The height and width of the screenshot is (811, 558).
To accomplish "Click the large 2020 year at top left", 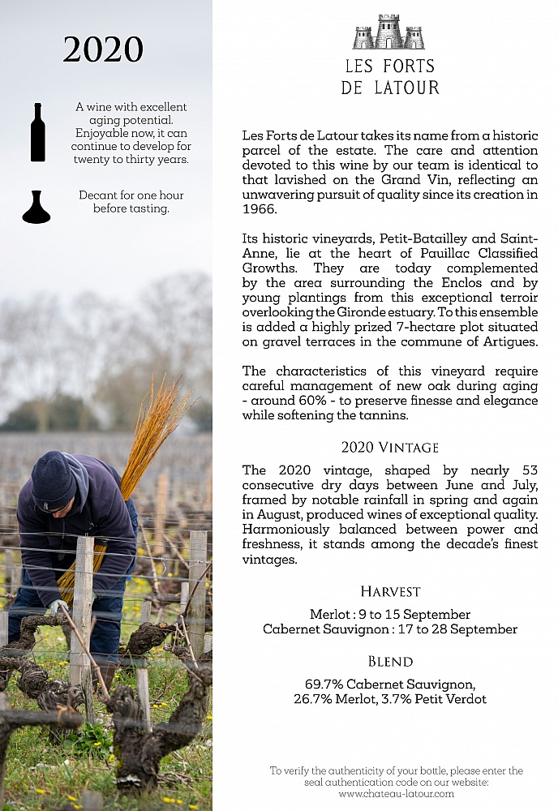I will tap(103, 50).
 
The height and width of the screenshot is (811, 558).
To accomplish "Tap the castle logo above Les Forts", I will tap(389, 32).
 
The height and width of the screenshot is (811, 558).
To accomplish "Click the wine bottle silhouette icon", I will tap(37, 132).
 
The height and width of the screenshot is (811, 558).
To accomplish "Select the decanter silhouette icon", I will tap(36, 208).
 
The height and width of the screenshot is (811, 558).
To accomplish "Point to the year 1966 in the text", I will tap(259, 209).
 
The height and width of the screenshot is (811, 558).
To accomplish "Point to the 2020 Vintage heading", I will tap(389, 447).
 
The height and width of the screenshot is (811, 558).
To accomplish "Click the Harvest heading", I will tap(389, 591).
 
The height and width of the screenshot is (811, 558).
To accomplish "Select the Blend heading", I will tap(390, 661).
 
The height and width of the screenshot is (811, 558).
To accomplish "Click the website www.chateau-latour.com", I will tap(397, 793).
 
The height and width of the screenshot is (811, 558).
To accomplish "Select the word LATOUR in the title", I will tap(405, 88).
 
